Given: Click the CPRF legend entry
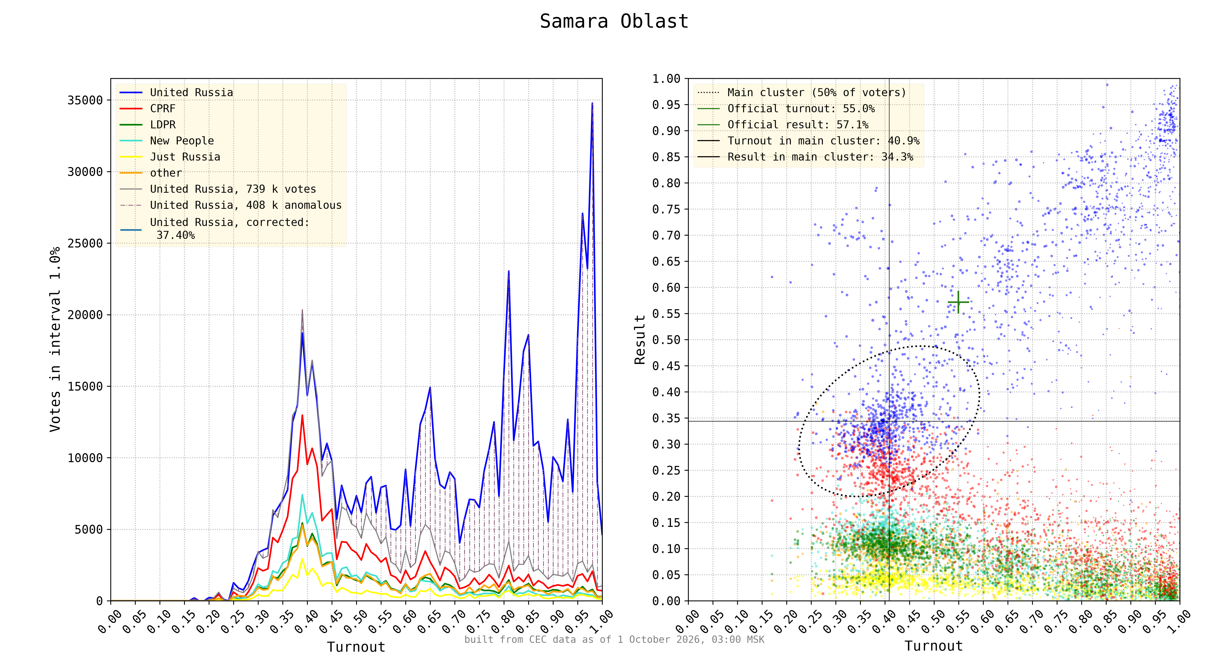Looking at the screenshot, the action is click(x=163, y=108).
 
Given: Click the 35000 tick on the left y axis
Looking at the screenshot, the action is click(x=85, y=100).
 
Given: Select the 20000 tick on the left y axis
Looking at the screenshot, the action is click(x=85, y=314).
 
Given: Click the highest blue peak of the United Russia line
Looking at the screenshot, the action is click(x=592, y=103).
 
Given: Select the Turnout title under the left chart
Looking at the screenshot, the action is click(x=356, y=647).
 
